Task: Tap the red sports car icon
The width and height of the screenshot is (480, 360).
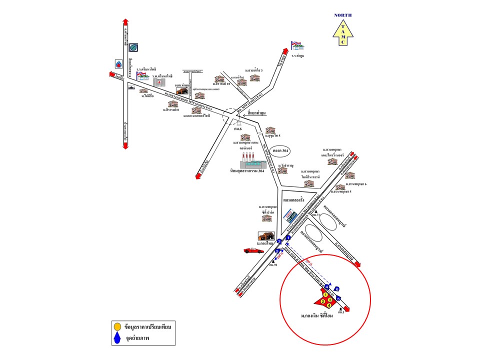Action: [x=253, y=250]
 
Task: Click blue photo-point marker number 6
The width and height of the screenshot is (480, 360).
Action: [x=337, y=289]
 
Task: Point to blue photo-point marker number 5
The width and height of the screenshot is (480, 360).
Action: [x=338, y=298]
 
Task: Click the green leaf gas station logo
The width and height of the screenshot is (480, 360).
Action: [x=133, y=48]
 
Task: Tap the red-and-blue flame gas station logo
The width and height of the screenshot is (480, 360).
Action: [x=118, y=64]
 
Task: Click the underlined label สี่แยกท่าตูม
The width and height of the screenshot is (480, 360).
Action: [x=258, y=114]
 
